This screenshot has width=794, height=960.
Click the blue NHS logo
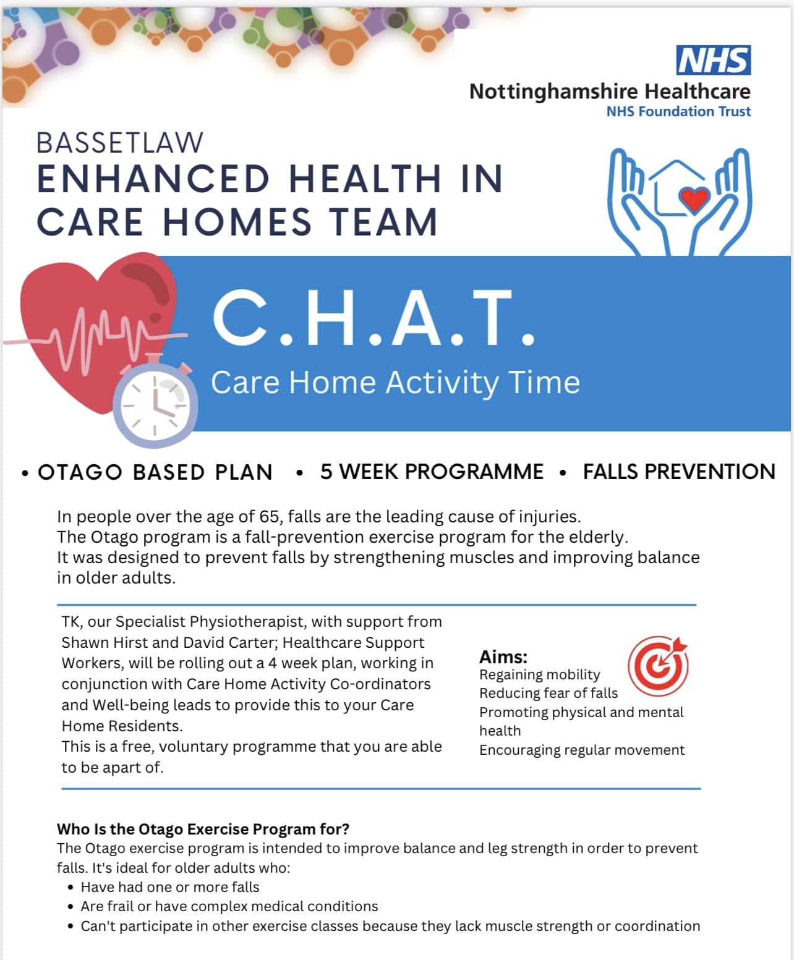click(x=713, y=60)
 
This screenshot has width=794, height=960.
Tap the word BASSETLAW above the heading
click(x=119, y=143)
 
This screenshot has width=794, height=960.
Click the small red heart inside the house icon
click(x=694, y=200)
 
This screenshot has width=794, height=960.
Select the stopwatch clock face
click(x=155, y=405)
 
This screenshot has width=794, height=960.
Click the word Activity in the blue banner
click(x=442, y=383)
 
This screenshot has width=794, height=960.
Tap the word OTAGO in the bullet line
click(x=80, y=472)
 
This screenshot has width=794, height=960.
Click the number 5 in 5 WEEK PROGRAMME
click(x=326, y=472)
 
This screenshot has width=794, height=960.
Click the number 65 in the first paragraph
click(x=270, y=517)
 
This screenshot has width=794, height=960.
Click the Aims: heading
click(x=503, y=657)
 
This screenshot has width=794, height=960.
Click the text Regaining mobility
click(x=540, y=675)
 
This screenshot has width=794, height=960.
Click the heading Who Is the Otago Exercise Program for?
click(x=203, y=829)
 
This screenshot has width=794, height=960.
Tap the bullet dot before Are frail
click(x=70, y=907)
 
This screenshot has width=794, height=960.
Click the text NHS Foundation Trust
click(x=678, y=111)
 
